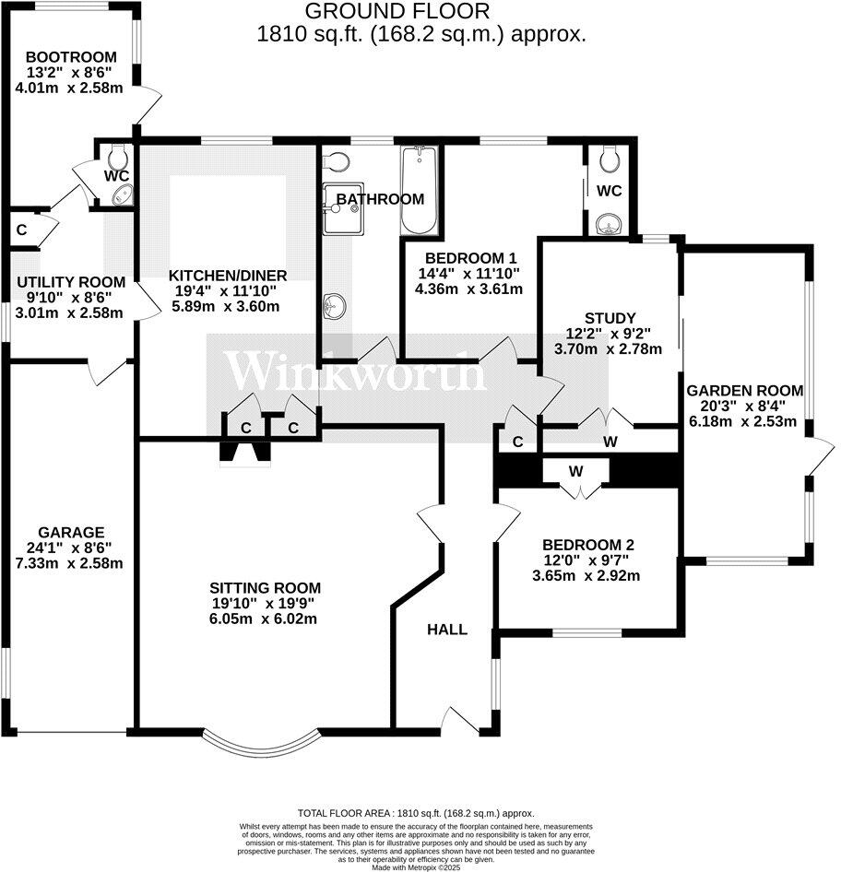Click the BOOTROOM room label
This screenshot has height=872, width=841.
coord(62,55)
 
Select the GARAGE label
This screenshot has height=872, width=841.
coord(71,532)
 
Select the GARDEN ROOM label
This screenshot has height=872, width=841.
coord(745,389)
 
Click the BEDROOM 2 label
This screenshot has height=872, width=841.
coord(588,544)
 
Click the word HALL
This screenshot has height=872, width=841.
coord(446,630)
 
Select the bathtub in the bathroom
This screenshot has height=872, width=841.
coord(419,191)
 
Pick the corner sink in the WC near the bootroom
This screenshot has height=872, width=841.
coord(121,194)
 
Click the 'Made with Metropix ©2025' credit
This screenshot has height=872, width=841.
coord(420,867)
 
